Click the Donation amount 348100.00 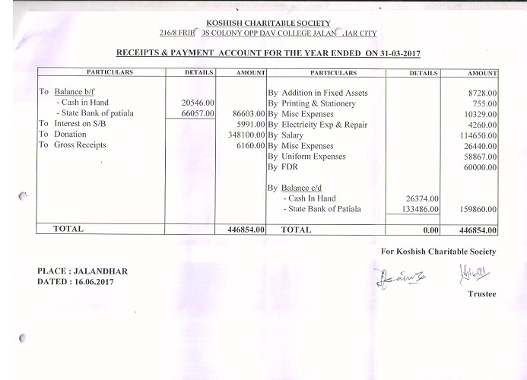coord(246,135)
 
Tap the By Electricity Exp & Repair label coord(319,124)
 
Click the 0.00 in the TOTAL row coord(432,229)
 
